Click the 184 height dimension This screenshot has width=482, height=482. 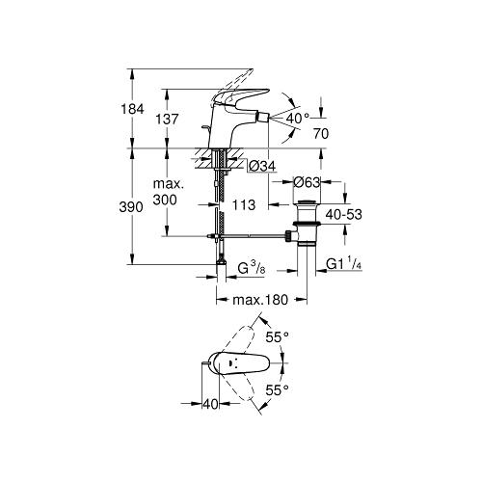tap(132, 109)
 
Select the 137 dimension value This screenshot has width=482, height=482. tap(167, 120)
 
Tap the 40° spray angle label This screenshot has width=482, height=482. tap(297, 119)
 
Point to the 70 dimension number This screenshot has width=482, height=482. tap(321, 134)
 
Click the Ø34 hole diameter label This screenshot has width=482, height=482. tap(262, 167)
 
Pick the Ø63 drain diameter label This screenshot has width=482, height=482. tap(307, 182)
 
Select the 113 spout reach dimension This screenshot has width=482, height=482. tap(244, 204)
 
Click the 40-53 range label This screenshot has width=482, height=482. tap(344, 214)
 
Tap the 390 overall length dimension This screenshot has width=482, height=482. tap(131, 207)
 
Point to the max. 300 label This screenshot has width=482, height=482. tap(168, 192)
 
